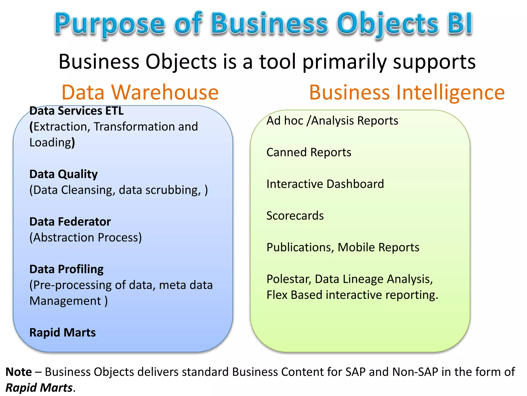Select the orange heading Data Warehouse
point(140,92)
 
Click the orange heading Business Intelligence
point(407,92)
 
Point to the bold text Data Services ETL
point(76,111)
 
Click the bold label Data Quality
point(64,174)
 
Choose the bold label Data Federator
point(70,222)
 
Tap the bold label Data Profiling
point(66,269)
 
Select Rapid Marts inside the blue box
point(63,333)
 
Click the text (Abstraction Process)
point(86,237)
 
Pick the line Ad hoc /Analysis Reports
point(332,121)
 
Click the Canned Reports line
point(309,152)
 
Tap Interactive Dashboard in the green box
point(325,184)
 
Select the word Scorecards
point(295,216)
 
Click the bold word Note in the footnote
point(19,372)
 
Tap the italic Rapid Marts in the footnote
point(39,388)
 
